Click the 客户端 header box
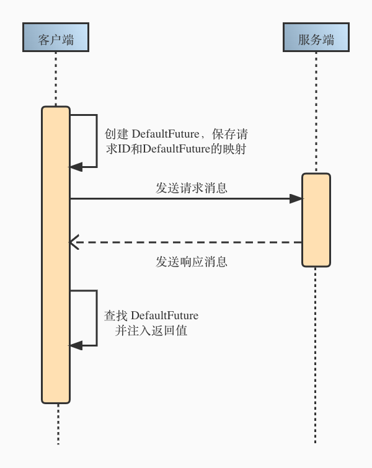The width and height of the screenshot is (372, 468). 56,37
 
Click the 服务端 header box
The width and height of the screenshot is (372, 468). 316,37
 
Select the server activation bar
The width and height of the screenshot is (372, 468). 316,220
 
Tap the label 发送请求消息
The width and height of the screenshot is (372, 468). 192,188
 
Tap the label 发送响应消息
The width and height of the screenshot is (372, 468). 192,262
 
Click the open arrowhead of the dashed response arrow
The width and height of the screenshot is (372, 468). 74,242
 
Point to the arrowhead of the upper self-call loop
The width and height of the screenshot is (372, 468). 76,167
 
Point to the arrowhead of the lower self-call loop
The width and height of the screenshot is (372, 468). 76,345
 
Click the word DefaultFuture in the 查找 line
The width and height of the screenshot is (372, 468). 165,316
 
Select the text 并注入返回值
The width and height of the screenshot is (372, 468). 151,331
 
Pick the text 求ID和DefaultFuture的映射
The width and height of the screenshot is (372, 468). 177,149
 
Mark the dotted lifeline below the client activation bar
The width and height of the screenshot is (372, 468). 58,425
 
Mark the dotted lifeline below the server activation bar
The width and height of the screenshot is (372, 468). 316,353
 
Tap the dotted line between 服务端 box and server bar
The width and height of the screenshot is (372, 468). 316,112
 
